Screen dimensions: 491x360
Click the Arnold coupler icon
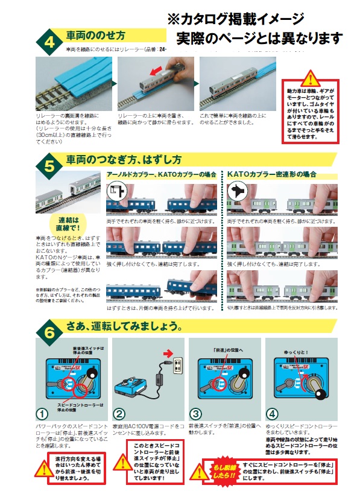click(116, 192)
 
